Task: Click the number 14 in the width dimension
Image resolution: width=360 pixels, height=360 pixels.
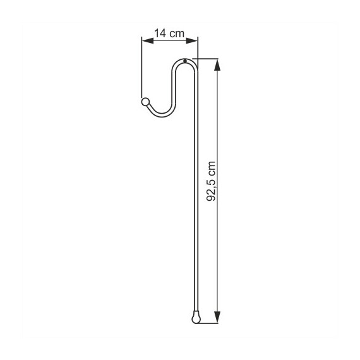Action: pyautogui.click(x=160, y=33)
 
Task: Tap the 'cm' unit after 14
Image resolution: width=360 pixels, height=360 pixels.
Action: pyautogui.click(x=177, y=34)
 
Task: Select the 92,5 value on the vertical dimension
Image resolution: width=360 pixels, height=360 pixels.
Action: pyautogui.click(x=211, y=190)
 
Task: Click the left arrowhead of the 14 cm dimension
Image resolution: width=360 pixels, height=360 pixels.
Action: pyautogui.click(x=148, y=41)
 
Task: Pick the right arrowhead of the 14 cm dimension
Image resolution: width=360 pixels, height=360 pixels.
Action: pyautogui.click(x=192, y=41)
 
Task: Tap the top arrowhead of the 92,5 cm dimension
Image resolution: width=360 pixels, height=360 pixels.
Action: pyautogui.click(x=217, y=65)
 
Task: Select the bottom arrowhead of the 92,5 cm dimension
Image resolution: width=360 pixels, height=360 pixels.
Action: pyautogui.click(x=217, y=317)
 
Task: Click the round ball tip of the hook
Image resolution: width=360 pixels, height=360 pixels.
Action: pyautogui.click(x=145, y=102)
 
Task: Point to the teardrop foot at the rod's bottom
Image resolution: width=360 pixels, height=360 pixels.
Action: pyautogui.click(x=196, y=318)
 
